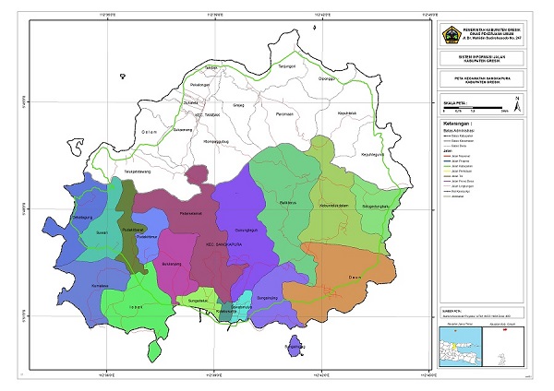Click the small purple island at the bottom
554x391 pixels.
294,348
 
